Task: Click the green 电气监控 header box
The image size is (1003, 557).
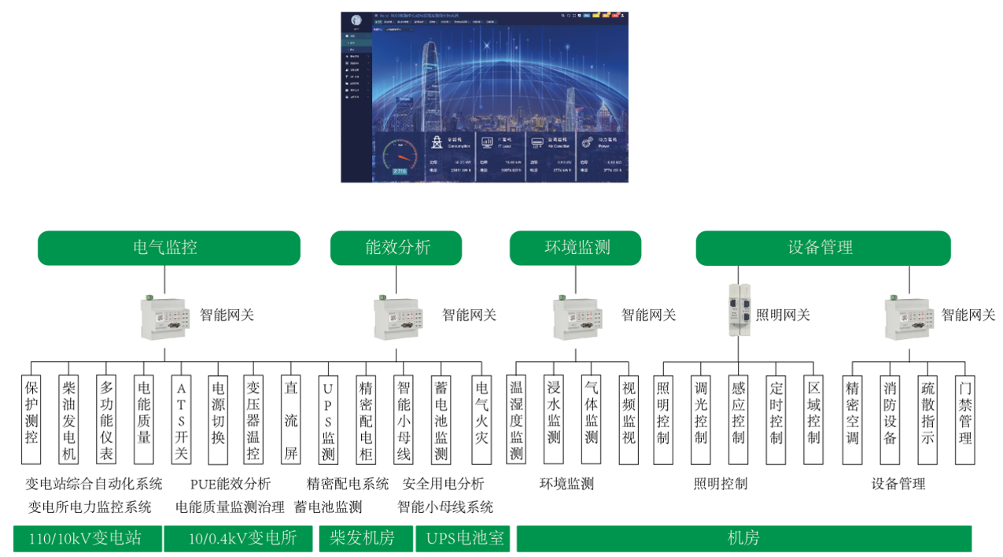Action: (x=168, y=248)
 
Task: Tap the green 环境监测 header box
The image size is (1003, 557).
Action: (x=577, y=248)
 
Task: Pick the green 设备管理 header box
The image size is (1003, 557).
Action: (x=822, y=248)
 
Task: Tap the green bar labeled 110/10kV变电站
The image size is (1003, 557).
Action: (x=87, y=539)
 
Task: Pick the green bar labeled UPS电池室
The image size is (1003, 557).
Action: (x=462, y=539)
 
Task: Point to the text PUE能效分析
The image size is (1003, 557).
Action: (x=230, y=483)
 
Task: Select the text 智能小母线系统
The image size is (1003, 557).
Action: (x=445, y=507)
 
